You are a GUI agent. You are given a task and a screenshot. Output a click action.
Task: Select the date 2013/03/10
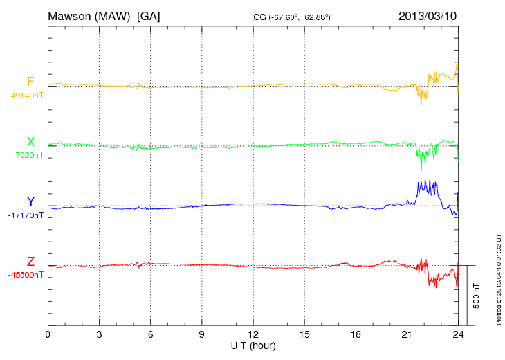428,15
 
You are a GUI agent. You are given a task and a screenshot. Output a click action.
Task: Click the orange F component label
30,82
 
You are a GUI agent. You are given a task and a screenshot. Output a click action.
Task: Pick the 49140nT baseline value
26,96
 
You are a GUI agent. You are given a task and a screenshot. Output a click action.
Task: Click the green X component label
30,142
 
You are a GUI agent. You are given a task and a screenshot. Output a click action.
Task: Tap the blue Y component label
30,201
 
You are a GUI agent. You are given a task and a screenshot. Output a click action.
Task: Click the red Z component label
30,261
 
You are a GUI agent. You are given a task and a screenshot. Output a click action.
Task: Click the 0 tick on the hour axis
48,335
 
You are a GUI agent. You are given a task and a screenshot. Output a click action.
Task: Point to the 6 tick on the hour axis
150,335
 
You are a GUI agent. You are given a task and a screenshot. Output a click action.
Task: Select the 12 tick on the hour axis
253,335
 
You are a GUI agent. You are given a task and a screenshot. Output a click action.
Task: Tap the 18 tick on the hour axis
356,335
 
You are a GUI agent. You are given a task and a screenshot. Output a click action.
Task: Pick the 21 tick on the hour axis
407,335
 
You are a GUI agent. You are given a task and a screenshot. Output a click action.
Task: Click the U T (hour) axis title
253,345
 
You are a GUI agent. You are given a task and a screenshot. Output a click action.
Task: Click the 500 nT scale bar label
477,296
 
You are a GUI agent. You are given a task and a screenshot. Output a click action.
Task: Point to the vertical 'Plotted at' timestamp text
498,277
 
